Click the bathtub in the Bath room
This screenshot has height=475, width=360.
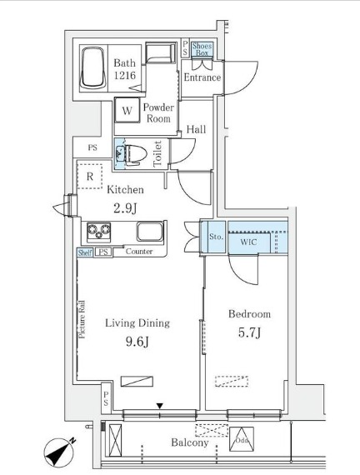click(93, 67)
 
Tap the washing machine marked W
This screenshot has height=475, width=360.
click(127, 110)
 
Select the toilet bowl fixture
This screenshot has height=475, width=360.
click(134, 154)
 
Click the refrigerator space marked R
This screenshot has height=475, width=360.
click(90, 177)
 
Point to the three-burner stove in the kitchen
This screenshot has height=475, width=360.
click(99, 232)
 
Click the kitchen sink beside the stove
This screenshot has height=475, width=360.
click(150, 232)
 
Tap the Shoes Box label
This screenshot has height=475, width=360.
click(202, 49)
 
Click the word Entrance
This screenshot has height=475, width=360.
click(202, 77)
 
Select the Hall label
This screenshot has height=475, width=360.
click(196, 130)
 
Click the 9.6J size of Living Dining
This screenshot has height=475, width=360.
click(137, 342)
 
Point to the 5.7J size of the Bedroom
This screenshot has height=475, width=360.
click(249, 332)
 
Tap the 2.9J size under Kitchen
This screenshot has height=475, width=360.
click(126, 208)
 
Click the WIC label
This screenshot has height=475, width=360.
click(248, 242)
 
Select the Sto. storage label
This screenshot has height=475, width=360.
click(216, 237)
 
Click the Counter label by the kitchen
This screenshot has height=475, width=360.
click(139, 252)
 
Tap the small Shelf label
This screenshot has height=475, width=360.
click(85, 252)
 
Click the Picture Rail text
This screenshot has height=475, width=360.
click(82, 319)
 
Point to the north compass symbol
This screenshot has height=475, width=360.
click(59, 452)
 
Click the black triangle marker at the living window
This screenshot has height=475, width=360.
click(160, 406)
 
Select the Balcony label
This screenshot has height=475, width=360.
click(190, 442)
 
